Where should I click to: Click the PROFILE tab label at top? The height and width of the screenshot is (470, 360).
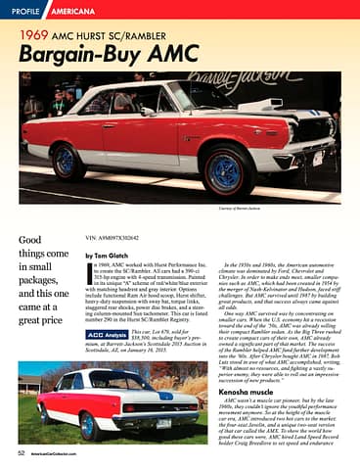coord(24,12)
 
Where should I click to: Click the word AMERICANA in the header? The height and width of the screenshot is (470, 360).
coord(73,12)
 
